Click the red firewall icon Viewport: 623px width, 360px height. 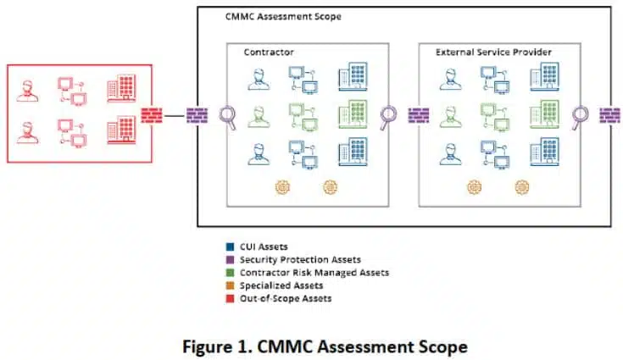pyautogui.click(x=152, y=115)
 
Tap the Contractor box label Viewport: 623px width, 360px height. pyautogui.click(x=269, y=52)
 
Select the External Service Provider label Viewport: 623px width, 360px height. pyautogui.click(x=493, y=52)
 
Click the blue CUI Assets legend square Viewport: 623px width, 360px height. pyautogui.click(x=230, y=246)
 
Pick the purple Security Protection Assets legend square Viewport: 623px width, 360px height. pyautogui.click(x=230, y=259)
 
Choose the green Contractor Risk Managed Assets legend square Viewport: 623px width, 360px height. pyautogui.click(x=230, y=273)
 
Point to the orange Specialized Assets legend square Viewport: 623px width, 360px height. pyautogui.click(x=230, y=285)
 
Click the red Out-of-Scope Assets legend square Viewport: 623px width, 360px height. pyautogui.click(x=230, y=298)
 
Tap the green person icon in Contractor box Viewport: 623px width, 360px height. pyautogui.click(x=259, y=117)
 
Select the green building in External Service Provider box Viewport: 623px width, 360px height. pyautogui.click(x=544, y=114)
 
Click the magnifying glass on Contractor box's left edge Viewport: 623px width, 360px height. pyautogui.click(x=228, y=118)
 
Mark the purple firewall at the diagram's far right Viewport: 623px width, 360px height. pyautogui.click(x=610, y=115)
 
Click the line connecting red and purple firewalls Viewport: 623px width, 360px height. pyautogui.click(x=175, y=116)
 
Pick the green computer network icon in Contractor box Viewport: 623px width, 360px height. pyautogui.click(x=303, y=117)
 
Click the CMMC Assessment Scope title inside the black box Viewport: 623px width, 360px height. pyautogui.click(x=283, y=17)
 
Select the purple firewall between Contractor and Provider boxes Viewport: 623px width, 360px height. pyautogui.click(x=419, y=115)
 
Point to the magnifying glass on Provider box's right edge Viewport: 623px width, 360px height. pyautogui.click(x=581, y=118)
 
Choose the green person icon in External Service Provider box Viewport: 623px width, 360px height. pyautogui.click(x=451, y=117)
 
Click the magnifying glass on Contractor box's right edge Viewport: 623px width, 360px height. pyautogui.click(x=388, y=118)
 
